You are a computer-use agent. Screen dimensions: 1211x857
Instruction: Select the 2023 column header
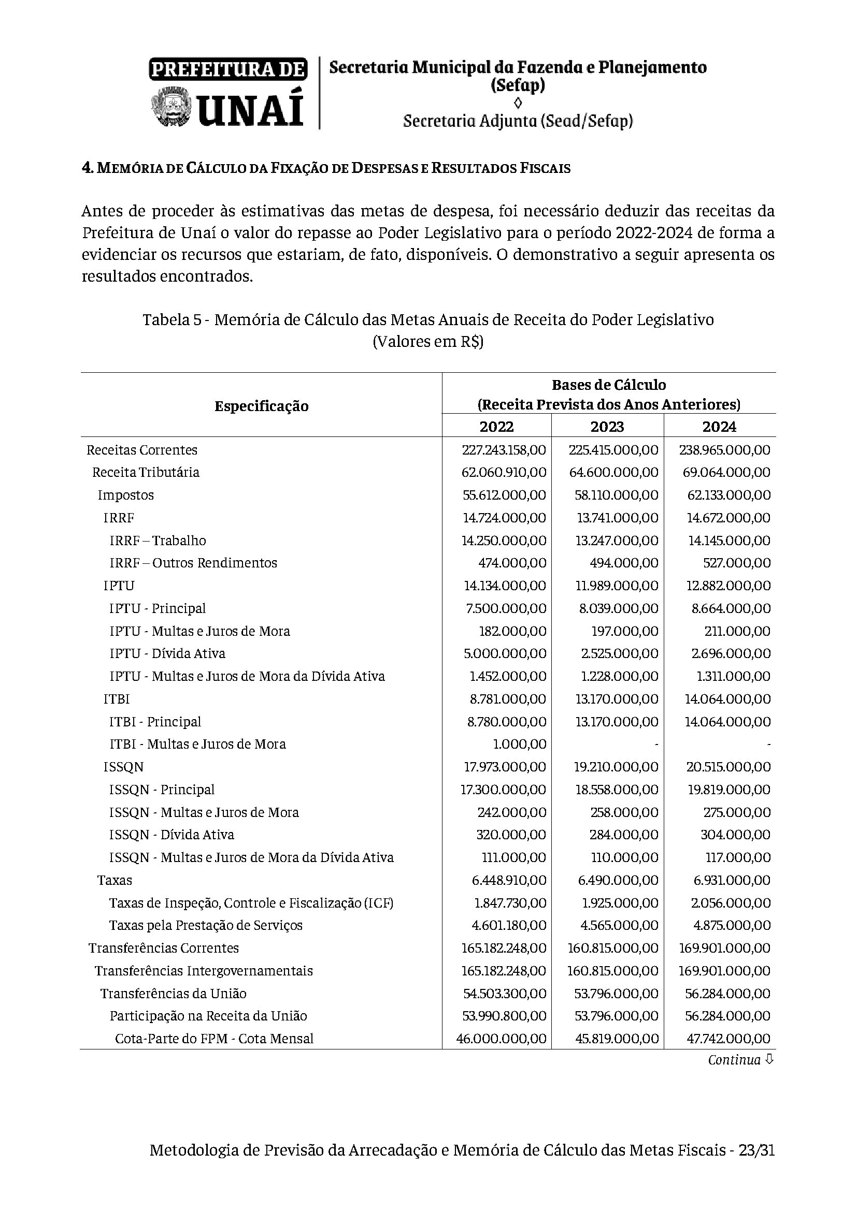[607, 426]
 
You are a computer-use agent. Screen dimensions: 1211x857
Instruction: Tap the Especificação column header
[261, 405]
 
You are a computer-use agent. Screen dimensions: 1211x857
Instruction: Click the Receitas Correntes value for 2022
[504, 450]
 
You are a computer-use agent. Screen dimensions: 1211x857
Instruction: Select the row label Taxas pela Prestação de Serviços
[206, 925]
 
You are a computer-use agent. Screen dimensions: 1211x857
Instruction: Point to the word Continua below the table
[734, 1060]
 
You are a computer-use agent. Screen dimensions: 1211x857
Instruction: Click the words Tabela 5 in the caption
[172, 320]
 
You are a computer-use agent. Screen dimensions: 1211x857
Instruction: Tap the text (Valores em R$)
[428, 342]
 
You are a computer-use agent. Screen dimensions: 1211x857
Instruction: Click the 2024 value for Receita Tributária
[726, 472]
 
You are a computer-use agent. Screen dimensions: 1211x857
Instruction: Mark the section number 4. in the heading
[88, 168]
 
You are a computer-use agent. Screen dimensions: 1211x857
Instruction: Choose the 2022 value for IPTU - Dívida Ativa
[505, 653]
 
